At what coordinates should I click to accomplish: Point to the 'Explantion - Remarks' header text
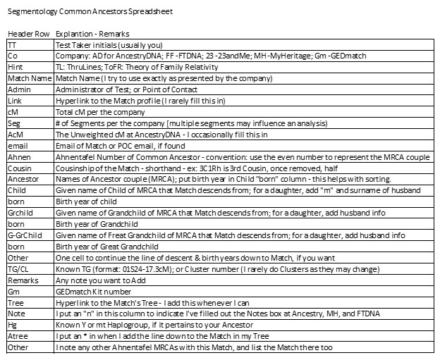92,33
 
